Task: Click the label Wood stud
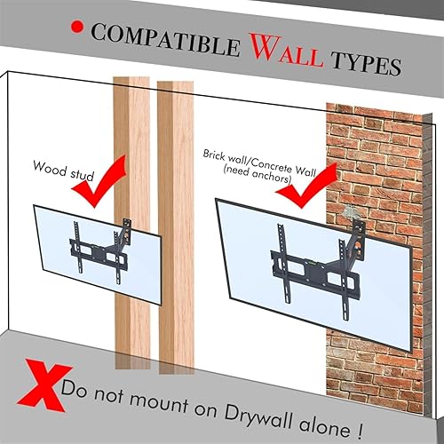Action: (61, 166)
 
